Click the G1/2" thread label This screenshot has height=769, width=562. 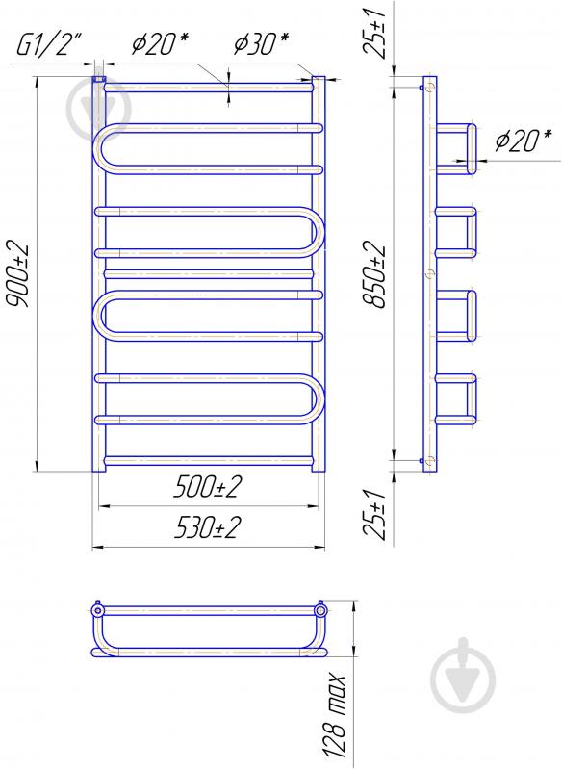point(48,46)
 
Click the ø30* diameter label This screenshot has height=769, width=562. point(261,44)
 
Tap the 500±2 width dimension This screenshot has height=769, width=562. point(208,488)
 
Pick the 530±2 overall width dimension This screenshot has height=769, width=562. point(208,527)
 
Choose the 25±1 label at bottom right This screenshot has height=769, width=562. point(375,514)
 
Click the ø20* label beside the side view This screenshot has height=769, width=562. point(523,141)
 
